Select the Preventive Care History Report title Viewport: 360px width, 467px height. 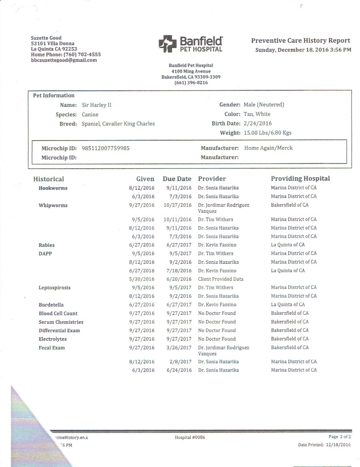pyautogui.click(x=300, y=41)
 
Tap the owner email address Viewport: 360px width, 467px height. pyautogui.click(x=64, y=61)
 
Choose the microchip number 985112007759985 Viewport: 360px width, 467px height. pyautogui.click(x=105, y=148)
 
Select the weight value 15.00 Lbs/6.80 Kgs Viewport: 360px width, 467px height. pyautogui.click(x=268, y=133)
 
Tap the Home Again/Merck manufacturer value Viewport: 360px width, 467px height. pyautogui.click(x=268, y=148)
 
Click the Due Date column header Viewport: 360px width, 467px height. pyautogui.click(x=177, y=179)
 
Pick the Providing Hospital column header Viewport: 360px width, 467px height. pyautogui.click(x=300, y=179)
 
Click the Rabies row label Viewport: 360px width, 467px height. pyautogui.click(x=47, y=245)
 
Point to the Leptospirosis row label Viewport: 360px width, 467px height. pyautogui.click(x=54, y=288)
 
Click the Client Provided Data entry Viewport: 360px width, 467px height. pyautogui.click(x=220, y=279)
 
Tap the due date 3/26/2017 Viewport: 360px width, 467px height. pyautogui.click(x=178, y=348)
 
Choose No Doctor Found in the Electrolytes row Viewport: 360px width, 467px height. pyautogui.click(x=217, y=339)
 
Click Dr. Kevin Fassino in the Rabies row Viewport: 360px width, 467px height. pyautogui.click(x=217, y=245)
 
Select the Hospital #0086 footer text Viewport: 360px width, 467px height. pyautogui.click(x=190, y=437)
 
